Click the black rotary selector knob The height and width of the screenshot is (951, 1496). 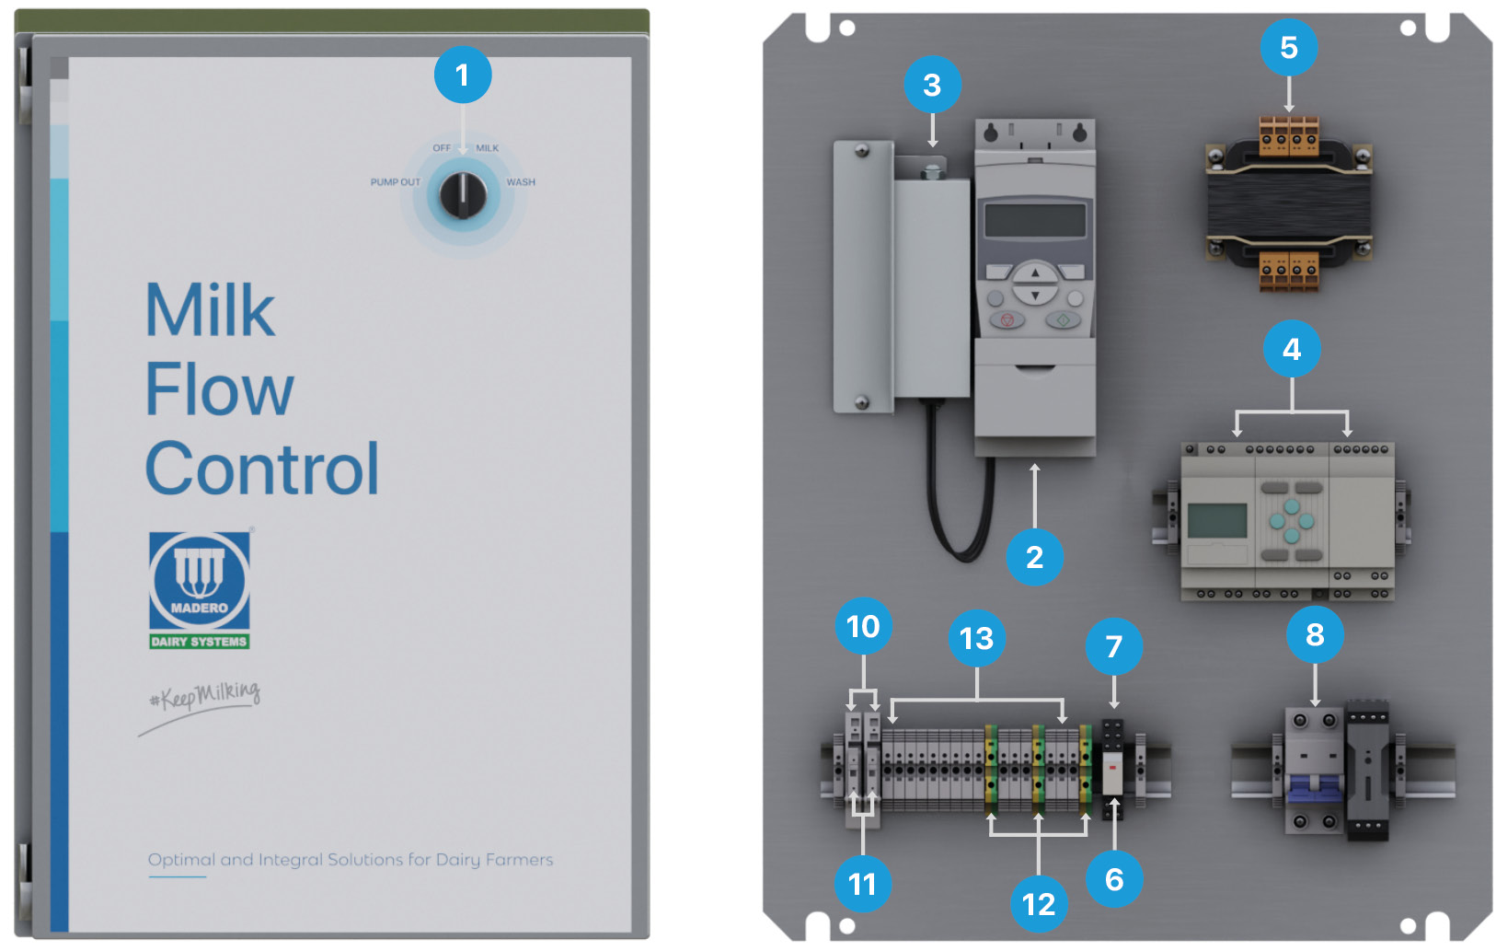pyautogui.click(x=462, y=194)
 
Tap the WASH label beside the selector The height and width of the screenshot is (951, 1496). pyautogui.click(x=520, y=182)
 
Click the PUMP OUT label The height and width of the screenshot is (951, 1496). pyautogui.click(x=395, y=182)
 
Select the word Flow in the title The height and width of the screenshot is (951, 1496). pyautogui.click(x=219, y=389)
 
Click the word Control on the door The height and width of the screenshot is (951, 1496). pyautogui.click(x=262, y=470)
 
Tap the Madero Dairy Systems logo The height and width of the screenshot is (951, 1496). pyautogui.click(x=200, y=590)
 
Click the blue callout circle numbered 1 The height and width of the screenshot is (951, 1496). pyautogui.click(x=462, y=75)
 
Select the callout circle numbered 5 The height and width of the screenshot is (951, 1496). pyautogui.click(x=1288, y=47)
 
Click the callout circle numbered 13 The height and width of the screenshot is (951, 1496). pyautogui.click(x=976, y=638)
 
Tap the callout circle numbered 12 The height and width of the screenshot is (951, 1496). pyautogui.click(x=1039, y=904)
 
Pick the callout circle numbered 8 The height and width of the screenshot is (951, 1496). pyautogui.click(x=1315, y=634)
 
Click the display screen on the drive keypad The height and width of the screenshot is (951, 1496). pyautogui.click(x=1035, y=221)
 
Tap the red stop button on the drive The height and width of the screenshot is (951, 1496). pyautogui.click(x=1007, y=320)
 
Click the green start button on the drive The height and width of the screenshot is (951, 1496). pyautogui.click(x=1063, y=320)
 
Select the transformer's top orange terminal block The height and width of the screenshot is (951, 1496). pyautogui.click(x=1288, y=135)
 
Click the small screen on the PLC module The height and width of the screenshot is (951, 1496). pyautogui.click(x=1216, y=521)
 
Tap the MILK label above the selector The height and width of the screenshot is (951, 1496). pyautogui.click(x=487, y=148)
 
